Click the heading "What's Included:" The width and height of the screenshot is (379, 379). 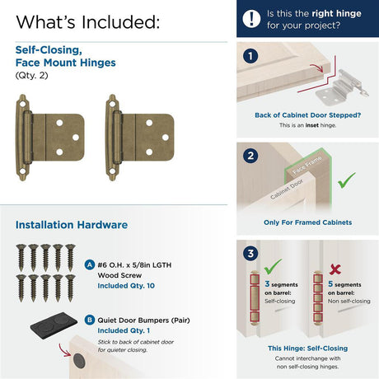(x=88, y=22)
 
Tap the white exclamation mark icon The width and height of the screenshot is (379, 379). (x=251, y=19)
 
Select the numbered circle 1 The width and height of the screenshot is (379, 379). (x=250, y=56)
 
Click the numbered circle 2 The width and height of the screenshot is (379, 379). (x=250, y=156)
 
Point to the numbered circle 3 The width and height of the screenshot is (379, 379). (x=250, y=253)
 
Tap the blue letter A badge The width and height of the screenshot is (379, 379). (x=90, y=265)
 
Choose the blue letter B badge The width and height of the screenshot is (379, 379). (x=90, y=320)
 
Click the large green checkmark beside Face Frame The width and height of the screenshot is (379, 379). (x=346, y=180)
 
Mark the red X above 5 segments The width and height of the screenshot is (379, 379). (x=335, y=269)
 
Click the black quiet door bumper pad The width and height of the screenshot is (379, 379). (x=54, y=325)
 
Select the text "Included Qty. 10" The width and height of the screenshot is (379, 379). (x=126, y=286)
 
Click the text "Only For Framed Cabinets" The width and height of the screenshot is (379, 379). (x=307, y=222)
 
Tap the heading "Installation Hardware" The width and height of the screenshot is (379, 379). (x=72, y=225)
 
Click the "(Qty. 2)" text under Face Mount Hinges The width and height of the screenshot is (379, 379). (x=31, y=75)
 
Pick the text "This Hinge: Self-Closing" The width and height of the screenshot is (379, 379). (x=307, y=349)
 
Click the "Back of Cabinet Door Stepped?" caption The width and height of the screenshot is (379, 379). (x=307, y=115)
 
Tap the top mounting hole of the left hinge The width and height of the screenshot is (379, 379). (x=22, y=104)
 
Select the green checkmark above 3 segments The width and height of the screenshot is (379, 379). (x=273, y=266)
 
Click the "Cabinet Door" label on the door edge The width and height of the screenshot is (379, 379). (x=287, y=189)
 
